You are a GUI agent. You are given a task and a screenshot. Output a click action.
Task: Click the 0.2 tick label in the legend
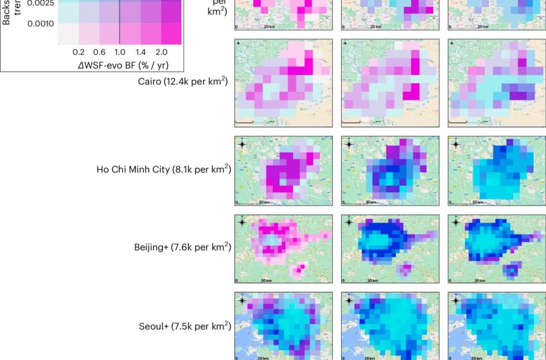(x=80, y=51)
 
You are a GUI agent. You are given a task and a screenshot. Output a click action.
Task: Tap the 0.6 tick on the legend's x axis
(x=99, y=51)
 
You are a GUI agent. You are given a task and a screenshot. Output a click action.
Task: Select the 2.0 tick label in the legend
(x=162, y=51)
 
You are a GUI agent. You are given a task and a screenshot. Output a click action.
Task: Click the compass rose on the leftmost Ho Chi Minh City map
(x=242, y=144)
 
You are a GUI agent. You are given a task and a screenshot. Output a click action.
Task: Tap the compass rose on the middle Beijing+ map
(x=349, y=222)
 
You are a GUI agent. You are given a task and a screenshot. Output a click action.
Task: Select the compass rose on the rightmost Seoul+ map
(x=455, y=300)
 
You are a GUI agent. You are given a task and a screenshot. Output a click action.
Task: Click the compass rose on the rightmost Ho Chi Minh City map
(x=455, y=144)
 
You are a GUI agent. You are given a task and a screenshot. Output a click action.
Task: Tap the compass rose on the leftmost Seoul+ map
(x=242, y=300)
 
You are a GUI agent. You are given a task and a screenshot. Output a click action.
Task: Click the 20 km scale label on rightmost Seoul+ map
(x=477, y=357)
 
